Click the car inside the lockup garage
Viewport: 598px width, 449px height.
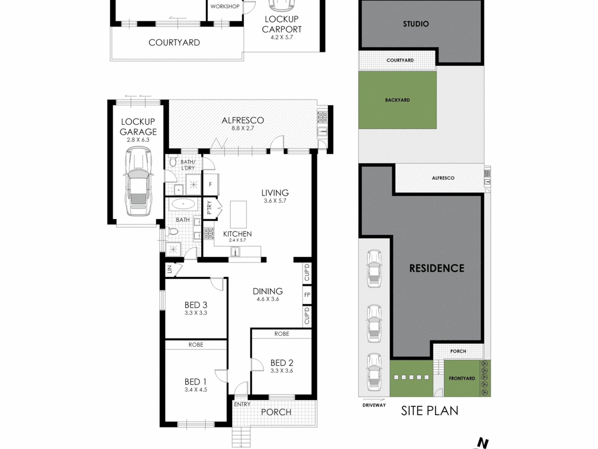pyautogui.click(x=138, y=182)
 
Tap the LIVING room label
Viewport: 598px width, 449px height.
pyautogui.click(x=275, y=193)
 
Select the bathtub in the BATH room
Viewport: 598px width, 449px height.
pyautogui.click(x=183, y=204)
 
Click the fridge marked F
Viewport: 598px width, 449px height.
pyautogui.click(x=211, y=184)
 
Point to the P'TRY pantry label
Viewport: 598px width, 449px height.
pyautogui.click(x=209, y=207)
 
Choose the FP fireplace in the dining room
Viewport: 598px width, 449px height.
pyautogui.click(x=307, y=295)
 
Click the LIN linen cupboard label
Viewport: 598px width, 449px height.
pyautogui.click(x=170, y=269)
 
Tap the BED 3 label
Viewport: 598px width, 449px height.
pyautogui.click(x=196, y=305)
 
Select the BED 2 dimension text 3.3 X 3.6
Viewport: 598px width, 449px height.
pyautogui.click(x=282, y=371)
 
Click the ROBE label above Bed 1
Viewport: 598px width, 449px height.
pyautogui.click(x=196, y=345)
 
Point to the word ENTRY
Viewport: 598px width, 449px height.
pyautogui.click(x=242, y=404)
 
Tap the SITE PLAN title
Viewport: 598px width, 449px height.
pyautogui.click(x=430, y=411)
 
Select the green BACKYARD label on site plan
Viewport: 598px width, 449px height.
pyautogui.click(x=398, y=100)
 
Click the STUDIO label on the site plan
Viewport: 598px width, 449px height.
pyautogui.click(x=416, y=24)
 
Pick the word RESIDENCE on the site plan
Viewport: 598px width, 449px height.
pyautogui.click(x=437, y=268)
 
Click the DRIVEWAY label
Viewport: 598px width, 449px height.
pyautogui.click(x=374, y=405)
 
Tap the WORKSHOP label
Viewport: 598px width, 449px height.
pyautogui.click(x=225, y=6)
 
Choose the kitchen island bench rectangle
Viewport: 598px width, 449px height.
pyautogui.click(x=238, y=215)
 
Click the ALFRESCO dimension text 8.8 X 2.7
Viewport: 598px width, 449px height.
pyautogui.click(x=242, y=128)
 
